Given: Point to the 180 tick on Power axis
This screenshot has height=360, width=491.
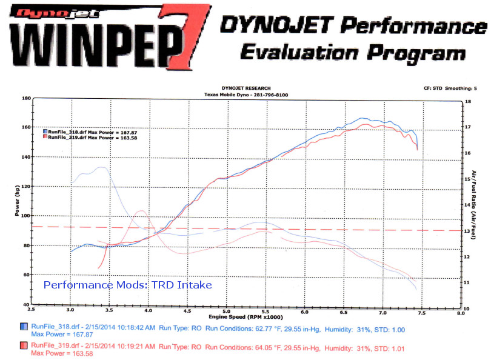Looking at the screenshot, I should [x=25, y=98].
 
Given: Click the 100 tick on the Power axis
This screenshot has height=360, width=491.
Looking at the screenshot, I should [x=25, y=216].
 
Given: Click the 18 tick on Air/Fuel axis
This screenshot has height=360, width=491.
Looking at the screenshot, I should [x=467, y=102].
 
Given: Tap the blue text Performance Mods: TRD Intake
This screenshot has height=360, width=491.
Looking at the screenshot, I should [x=128, y=284].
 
